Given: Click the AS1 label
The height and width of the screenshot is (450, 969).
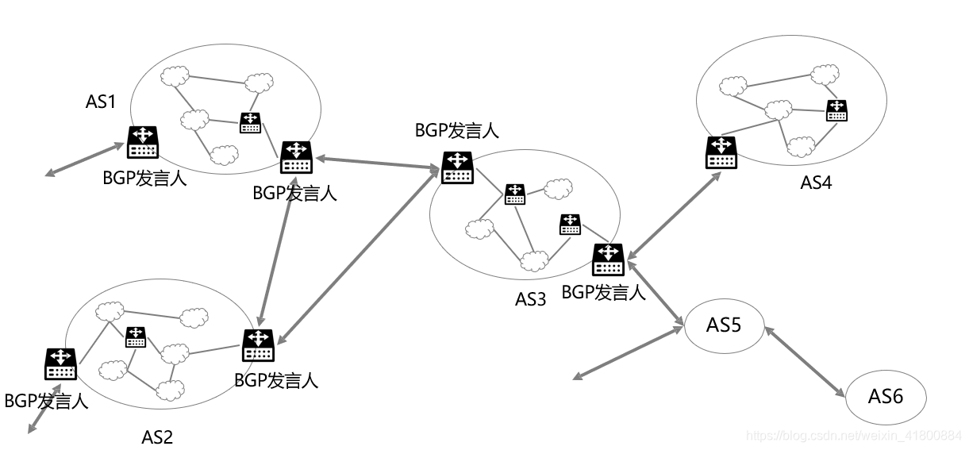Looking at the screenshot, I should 101,102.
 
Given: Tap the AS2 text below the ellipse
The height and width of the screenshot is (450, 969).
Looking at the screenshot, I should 156,437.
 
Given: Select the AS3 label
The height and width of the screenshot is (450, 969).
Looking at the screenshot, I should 531,299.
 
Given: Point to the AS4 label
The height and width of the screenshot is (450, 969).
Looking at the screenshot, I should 815,183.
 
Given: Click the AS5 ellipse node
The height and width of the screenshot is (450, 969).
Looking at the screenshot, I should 723,325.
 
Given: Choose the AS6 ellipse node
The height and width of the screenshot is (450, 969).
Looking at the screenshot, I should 886,396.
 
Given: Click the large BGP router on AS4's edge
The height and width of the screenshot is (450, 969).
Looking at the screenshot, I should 721,152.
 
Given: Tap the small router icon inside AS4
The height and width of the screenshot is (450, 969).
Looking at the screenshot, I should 836,110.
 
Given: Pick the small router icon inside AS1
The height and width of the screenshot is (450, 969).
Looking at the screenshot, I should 251,123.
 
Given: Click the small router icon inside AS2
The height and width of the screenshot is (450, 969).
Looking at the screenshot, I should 135,337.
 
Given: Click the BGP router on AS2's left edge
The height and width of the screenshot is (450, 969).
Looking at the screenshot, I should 60,363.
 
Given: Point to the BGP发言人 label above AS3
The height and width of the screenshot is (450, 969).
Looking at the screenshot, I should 456,131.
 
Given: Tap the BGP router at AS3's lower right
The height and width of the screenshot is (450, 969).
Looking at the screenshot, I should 608,260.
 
